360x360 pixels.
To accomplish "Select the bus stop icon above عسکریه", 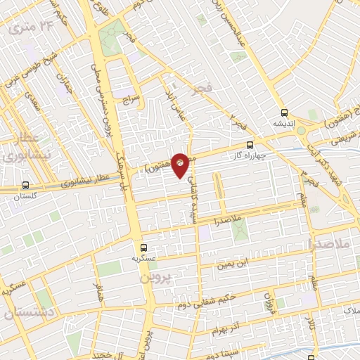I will (143, 247).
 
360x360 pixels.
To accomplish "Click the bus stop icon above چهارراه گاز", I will (250, 146).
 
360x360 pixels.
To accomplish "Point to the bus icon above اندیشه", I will (284, 112).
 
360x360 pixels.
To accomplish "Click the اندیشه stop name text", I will (284, 123).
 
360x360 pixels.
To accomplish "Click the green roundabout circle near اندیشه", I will (302, 130).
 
